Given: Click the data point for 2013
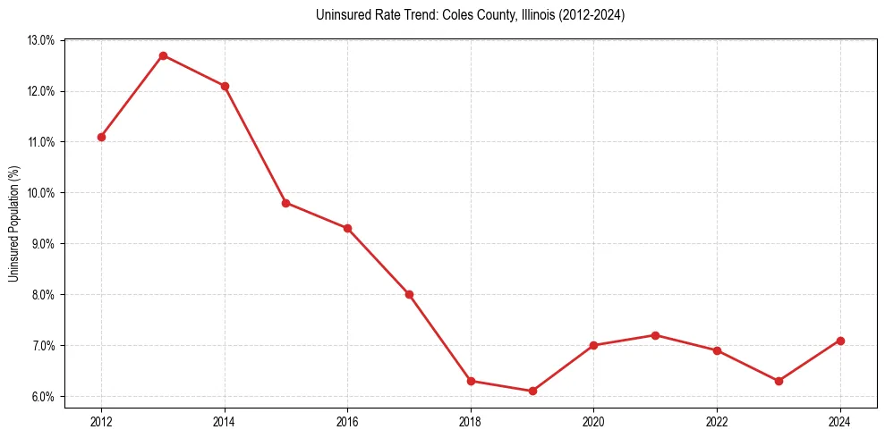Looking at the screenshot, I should click(x=163, y=55).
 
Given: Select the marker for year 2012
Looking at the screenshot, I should click(x=101, y=137).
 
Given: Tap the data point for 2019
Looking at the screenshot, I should click(x=532, y=391).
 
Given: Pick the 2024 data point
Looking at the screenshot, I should click(x=840, y=341).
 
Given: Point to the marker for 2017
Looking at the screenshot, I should click(x=409, y=294).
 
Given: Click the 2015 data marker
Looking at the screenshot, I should click(x=285, y=203).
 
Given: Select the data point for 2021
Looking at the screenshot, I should click(x=655, y=335).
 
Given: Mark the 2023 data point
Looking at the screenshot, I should click(x=779, y=381).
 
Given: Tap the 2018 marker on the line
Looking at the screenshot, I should click(x=471, y=381).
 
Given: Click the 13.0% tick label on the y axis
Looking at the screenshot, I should click(x=42, y=40).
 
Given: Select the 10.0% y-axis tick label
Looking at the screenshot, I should click(x=42, y=193).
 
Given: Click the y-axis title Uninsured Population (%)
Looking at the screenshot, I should click(x=14, y=223).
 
